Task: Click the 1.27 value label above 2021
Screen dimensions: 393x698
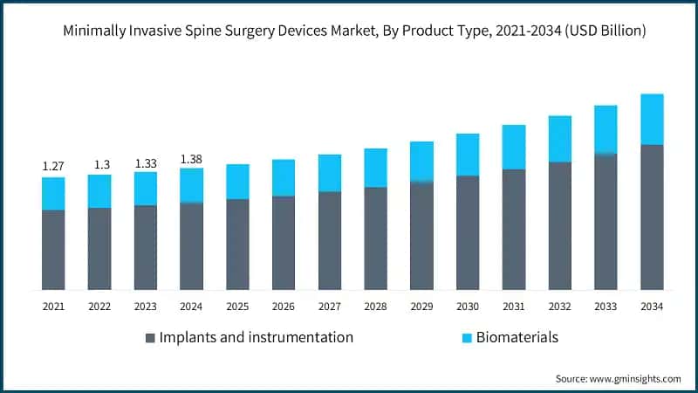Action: click(53, 166)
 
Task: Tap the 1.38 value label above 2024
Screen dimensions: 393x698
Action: click(192, 159)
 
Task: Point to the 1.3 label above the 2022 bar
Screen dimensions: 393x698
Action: click(99, 164)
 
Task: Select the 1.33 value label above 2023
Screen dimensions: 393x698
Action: click(146, 163)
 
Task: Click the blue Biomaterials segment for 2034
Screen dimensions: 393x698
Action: click(652, 120)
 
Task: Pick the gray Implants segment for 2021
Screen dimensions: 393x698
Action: click(53, 249)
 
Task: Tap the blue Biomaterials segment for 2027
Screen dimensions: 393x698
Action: click(330, 173)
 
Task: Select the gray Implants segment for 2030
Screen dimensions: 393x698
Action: click(468, 232)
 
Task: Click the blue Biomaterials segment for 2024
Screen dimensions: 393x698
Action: click(192, 185)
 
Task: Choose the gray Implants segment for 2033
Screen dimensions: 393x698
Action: click(606, 222)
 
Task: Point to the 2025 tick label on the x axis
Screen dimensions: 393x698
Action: click(237, 307)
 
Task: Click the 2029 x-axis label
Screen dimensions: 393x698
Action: click(421, 307)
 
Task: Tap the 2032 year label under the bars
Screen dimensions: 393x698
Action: click(559, 307)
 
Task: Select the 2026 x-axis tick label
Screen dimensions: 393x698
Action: click(284, 307)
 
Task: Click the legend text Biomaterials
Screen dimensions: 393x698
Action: click(517, 337)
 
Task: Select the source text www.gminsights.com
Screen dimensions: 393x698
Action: click(636, 379)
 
